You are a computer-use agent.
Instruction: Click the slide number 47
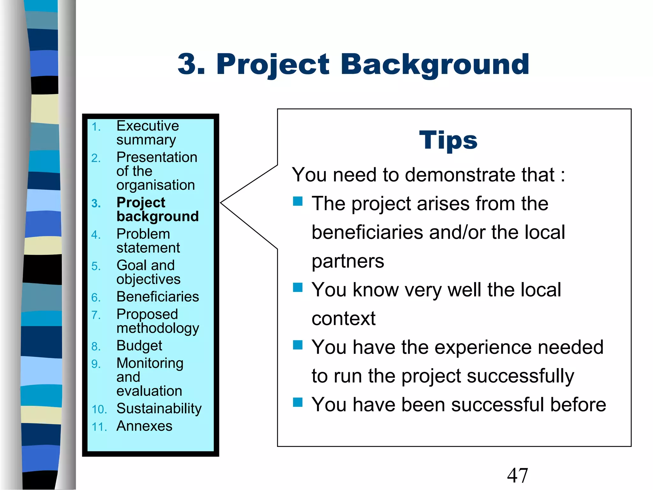tap(517, 476)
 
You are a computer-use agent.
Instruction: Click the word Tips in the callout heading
tap(448, 140)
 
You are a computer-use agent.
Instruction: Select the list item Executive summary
tap(147, 133)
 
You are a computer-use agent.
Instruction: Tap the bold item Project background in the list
tap(158, 209)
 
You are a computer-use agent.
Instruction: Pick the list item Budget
tap(139, 345)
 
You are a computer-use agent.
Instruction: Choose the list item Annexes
tap(144, 426)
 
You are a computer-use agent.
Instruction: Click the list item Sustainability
tap(159, 408)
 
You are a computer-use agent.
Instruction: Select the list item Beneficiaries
tap(158, 297)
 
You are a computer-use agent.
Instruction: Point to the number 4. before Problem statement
tap(96, 235)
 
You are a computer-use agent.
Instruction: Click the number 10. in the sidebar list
tap(99, 409)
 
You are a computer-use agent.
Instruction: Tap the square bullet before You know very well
tap(297, 287)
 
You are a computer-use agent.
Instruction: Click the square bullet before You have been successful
tap(297, 402)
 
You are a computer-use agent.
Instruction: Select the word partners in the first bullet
tap(348, 261)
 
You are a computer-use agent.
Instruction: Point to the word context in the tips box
tap(343, 318)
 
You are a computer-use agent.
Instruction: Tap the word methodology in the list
tap(158, 329)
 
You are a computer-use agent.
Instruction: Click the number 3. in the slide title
tap(191, 65)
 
